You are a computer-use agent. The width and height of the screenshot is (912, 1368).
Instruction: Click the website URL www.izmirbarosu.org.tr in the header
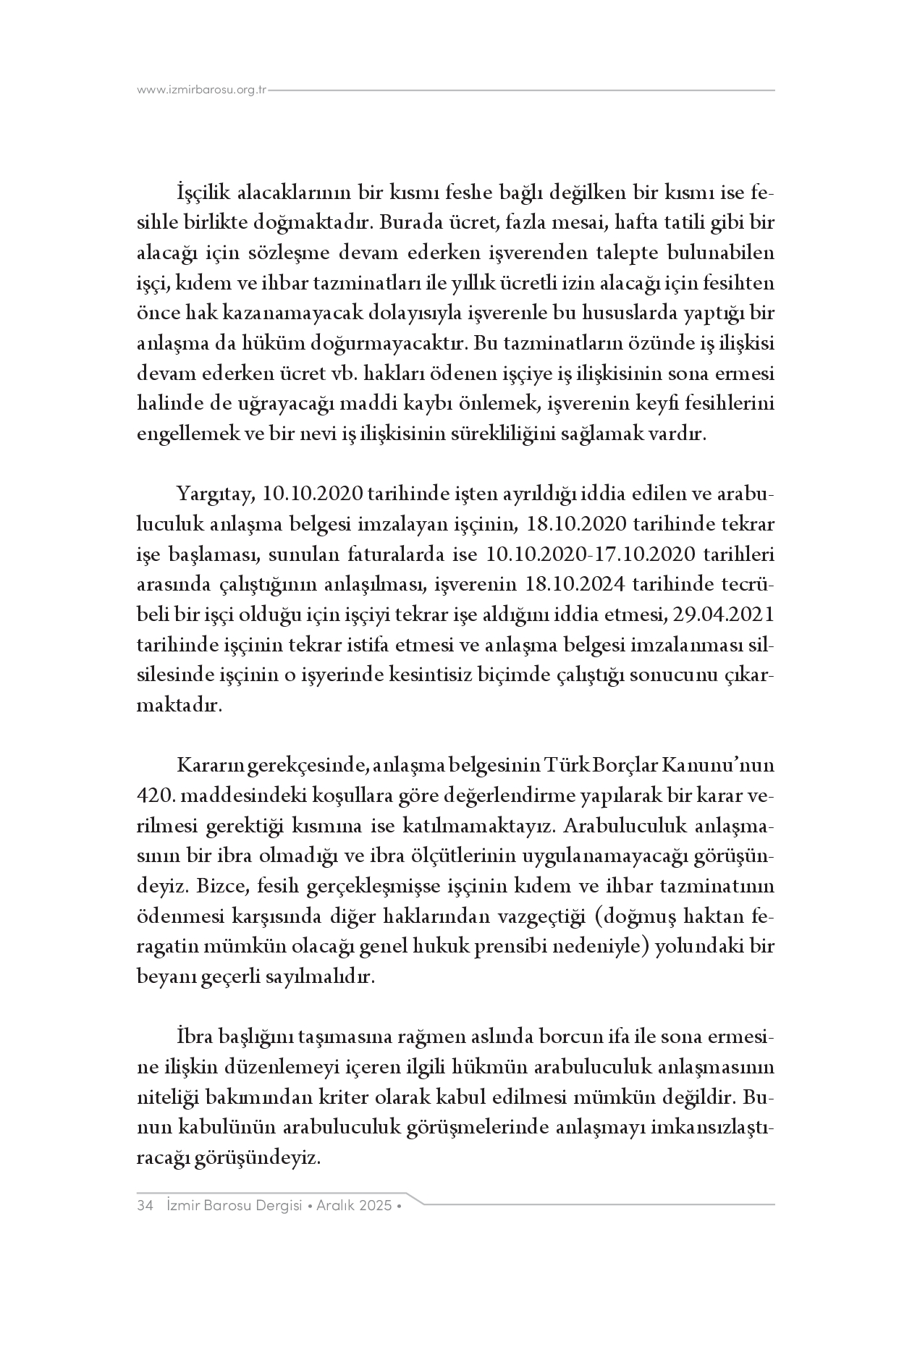pos(202,90)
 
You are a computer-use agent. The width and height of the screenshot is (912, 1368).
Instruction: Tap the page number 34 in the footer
pos(144,1206)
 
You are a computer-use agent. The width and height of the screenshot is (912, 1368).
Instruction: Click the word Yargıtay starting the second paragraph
pos(212,494)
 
